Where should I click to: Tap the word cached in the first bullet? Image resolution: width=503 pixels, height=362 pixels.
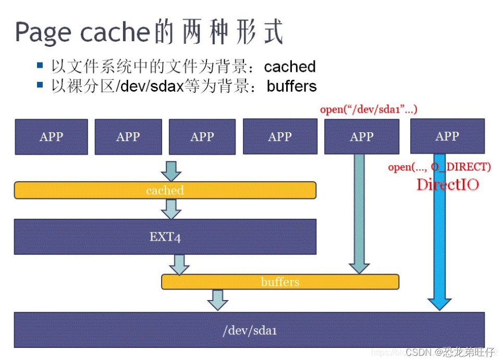coord(290,67)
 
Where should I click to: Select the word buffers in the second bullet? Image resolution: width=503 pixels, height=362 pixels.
coord(291,86)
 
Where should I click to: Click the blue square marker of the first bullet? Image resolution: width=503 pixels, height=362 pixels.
coord(40,66)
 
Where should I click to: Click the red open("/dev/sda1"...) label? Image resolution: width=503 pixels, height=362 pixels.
coord(369,110)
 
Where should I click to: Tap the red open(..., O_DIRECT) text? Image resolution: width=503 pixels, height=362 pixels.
coord(439,167)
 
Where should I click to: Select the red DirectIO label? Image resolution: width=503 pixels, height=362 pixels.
coord(447,184)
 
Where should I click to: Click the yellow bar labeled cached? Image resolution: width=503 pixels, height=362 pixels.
coord(165,190)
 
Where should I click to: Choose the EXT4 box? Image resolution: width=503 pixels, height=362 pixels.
coord(165,236)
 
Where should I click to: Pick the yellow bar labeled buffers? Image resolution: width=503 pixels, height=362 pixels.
coord(280,282)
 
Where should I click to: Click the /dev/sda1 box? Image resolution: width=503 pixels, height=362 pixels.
coord(249,330)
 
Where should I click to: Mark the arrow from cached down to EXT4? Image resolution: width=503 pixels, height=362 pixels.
coord(171,208)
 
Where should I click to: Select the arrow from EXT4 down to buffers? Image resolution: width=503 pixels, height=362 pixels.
coord(179,264)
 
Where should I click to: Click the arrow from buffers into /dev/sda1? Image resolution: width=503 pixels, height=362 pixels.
coord(218,299)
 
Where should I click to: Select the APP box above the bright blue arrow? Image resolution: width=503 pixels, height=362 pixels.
coord(447,136)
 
